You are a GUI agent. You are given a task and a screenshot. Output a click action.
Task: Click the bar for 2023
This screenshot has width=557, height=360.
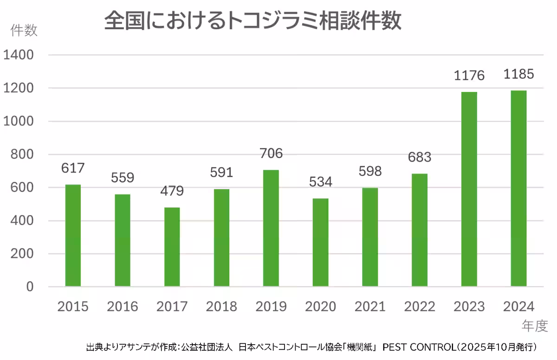(x=469, y=189)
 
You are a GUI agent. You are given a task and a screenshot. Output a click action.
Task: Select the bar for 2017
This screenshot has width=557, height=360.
(x=172, y=247)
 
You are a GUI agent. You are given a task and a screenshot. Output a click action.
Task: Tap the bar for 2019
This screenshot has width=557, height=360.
(x=271, y=228)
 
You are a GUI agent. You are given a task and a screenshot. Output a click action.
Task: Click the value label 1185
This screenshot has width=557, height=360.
(x=518, y=74)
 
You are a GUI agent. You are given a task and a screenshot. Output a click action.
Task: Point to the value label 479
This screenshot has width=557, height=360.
(x=172, y=191)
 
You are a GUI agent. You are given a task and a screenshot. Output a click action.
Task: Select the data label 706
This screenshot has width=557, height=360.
(x=271, y=154)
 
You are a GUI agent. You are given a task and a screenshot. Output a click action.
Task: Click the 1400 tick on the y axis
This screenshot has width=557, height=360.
(x=19, y=55)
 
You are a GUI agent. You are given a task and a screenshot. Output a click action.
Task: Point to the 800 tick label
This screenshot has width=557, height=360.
(x=22, y=154)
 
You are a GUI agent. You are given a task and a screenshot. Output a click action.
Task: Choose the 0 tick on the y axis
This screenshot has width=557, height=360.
(x=30, y=287)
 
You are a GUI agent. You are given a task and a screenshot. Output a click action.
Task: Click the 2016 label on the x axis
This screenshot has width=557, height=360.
(x=123, y=307)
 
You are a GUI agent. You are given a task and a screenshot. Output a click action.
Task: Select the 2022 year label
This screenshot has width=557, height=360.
(x=420, y=307)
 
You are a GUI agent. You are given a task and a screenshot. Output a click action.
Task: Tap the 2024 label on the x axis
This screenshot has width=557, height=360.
(x=518, y=307)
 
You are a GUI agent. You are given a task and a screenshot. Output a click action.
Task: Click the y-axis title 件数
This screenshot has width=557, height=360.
(x=24, y=31)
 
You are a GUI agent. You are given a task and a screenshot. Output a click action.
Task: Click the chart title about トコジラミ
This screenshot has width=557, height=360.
(x=253, y=22)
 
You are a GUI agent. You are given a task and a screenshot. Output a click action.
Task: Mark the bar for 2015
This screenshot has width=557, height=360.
(x=73, y=235)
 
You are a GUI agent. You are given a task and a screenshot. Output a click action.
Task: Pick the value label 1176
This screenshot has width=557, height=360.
(x=469, y=75)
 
